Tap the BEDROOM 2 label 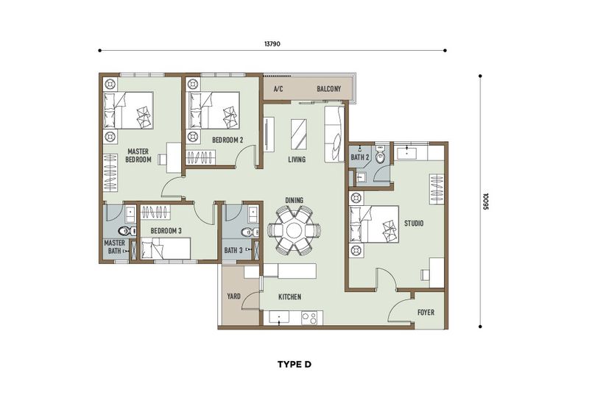(x=228, y=139)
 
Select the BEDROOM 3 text (x=166, y=230)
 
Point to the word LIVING (x=297, y=160)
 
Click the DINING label (x=294, y=200)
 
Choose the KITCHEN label (x=289, y=297)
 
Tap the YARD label (x=234, y=297)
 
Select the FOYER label (x=426, y=313)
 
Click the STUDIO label (x=413, y=224)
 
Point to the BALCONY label (x=328, y=89)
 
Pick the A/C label (x=278, y=89)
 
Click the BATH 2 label (x=359, y=157)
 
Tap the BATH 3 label (x=233, y=251)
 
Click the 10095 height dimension (x=487, y=202)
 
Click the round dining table (x=293, y=230)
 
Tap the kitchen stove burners (x=310, y=318)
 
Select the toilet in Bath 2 (x=381, y=157)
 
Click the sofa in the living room (x=334, y=127)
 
